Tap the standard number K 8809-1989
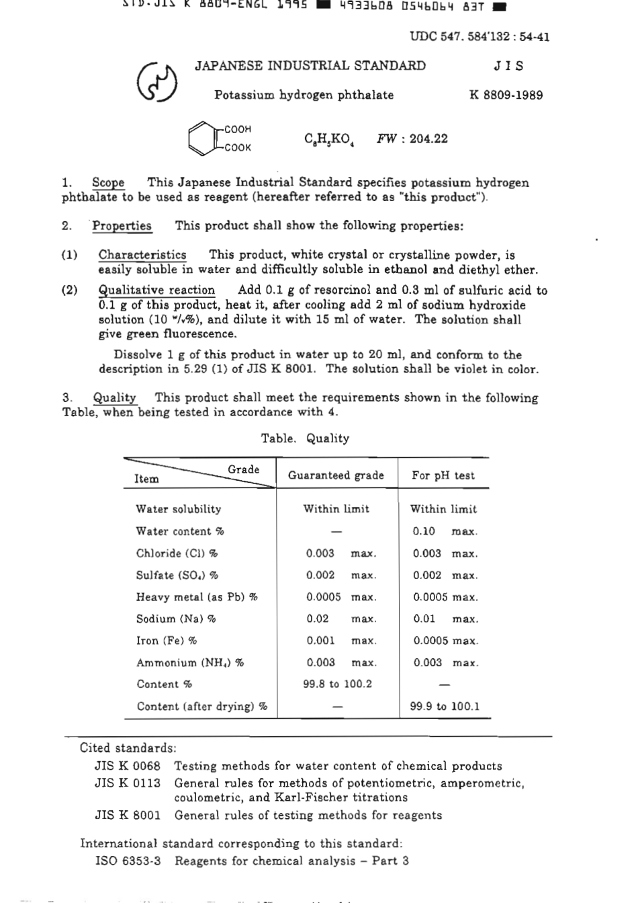(506, 95)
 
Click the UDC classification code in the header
(479, 36)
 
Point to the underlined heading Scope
(108, 182)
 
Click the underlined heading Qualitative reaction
(156, 290)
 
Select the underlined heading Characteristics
(142, 255)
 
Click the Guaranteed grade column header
(336, 475)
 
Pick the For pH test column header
(443, 475)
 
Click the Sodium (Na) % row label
(176, 619)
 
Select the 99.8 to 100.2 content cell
(337, 684)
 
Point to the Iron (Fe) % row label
(167, 641)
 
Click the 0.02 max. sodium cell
(341, 619)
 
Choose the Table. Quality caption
(305, 438)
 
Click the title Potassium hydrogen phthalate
(304, 95)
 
